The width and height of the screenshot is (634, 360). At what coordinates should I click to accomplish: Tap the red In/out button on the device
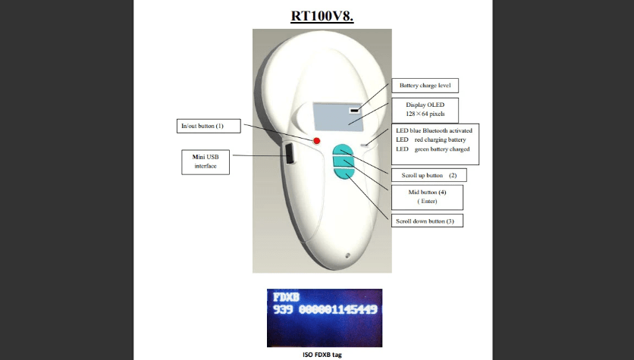click(317, 142)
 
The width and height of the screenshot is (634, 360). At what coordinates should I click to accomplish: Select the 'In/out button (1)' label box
click(199, 124)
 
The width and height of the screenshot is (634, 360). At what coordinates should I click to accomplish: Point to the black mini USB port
click(290, 155)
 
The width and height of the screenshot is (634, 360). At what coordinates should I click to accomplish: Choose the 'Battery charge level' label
click(425, 86)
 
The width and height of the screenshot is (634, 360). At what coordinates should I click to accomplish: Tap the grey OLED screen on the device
click(338, 116)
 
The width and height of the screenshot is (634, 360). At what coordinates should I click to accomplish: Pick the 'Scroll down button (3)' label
click(428, 221)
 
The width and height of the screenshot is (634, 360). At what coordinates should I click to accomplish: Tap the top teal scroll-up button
click(342, 149)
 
